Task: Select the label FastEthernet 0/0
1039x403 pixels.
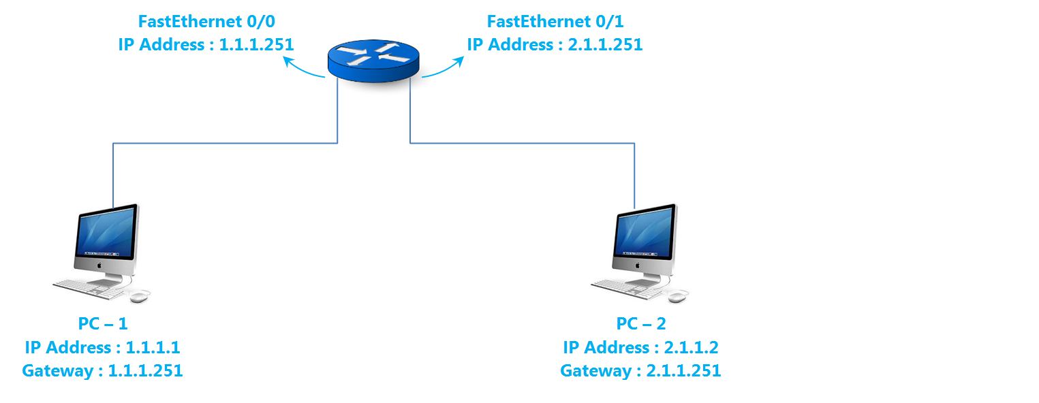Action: tap(205, 21)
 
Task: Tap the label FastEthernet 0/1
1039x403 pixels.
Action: tap(555, 21)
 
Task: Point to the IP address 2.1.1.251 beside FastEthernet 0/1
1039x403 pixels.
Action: tap(605, 45)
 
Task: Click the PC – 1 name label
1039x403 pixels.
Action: tap(102, 323)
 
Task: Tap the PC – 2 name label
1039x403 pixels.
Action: tap(640, 323)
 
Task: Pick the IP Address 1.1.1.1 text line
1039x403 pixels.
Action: tap(102, 347)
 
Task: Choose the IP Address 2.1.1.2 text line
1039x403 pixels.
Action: tap(640, 347)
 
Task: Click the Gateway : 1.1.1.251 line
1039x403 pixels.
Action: tap(102, 371)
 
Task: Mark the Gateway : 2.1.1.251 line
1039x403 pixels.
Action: tap(640, 371)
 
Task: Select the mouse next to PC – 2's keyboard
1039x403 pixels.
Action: tap(679, 296)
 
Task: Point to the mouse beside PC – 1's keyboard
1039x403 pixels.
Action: tap(140, 296)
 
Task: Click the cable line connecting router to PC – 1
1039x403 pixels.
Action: tap(225, 143)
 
